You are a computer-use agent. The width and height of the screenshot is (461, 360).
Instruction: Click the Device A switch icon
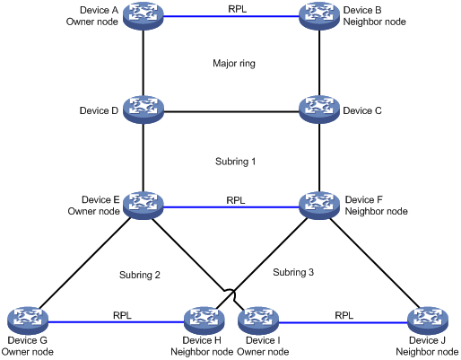(144, 16)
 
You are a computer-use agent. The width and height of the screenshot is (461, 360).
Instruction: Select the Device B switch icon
(319, 16)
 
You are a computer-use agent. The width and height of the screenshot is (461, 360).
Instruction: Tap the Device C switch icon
(319, 110)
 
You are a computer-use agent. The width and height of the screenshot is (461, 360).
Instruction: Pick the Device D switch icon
(144, 110)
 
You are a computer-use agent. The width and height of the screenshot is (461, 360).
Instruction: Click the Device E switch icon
(144, 206)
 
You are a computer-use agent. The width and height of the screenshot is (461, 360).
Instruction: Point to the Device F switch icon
(319, 206)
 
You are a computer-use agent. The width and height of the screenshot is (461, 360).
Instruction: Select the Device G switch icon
(28, 320)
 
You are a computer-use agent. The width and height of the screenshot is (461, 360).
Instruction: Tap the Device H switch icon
(204, 320)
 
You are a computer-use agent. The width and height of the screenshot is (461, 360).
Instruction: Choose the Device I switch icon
(258, 320)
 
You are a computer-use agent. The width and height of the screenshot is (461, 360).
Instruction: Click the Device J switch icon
(428, 320)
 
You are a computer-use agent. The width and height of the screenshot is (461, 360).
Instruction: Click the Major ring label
(234, 64)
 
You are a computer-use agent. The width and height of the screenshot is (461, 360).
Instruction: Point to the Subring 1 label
(235, 162)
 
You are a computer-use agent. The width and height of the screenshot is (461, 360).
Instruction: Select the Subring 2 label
(140, 275)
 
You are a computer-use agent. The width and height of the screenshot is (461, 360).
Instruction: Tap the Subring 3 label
(293, 272)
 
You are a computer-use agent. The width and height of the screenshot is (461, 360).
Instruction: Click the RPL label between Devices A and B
(238, 9)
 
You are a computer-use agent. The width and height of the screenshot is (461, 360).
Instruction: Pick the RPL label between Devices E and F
(236, 200)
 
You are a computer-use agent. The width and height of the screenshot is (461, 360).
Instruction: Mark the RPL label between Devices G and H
(122, 315)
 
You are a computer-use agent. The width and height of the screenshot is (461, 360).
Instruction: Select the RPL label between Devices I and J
(344, 315)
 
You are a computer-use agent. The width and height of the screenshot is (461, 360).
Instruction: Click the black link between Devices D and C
(231, 112)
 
